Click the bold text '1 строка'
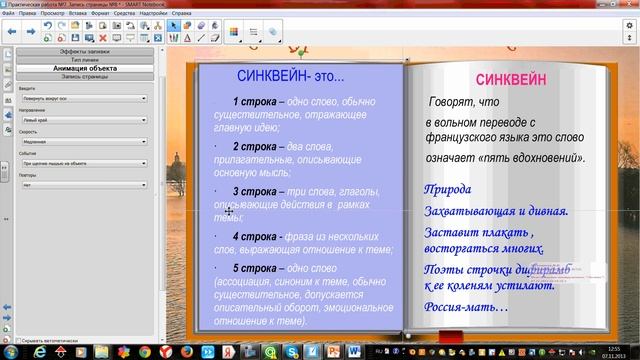tap(254, 101)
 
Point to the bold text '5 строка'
tap(254, 268)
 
